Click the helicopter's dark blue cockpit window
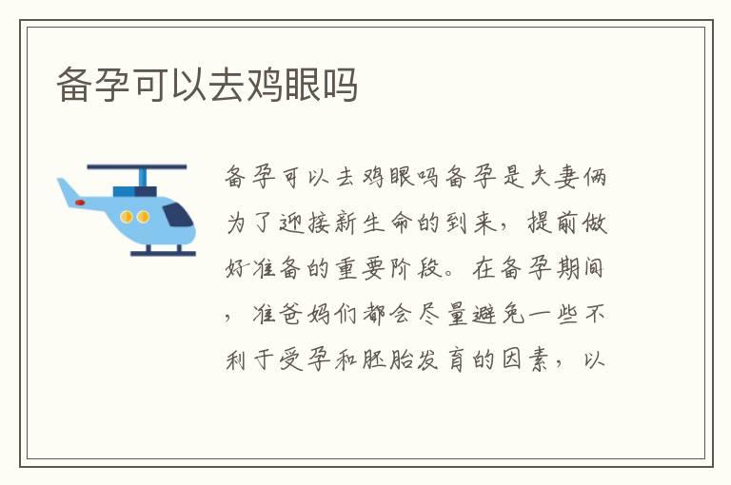pos(177,214)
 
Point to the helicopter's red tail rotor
pos(79,203)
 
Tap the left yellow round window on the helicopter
pos(127,217)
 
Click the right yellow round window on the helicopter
pos(144,217)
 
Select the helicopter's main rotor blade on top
pos(137,167)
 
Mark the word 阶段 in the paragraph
pos(404,270)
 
